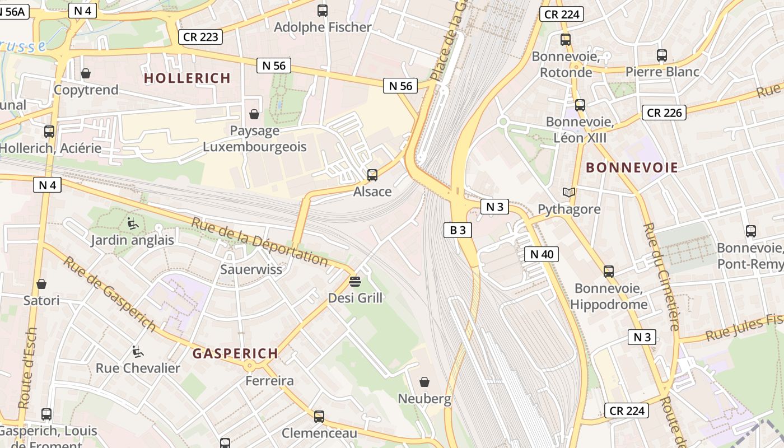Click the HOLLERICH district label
click(x=187, y=78)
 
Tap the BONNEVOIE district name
click(x=632, y=167)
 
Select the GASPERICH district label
click(x=235, y=353)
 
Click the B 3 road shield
click(x=458, y=230)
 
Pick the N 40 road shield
click(x=542, y=254)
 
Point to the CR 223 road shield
click(x=201, y=37)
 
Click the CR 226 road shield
click(x=664, y=113)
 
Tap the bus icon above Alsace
click(x=372, y=175)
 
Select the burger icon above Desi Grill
click(x=355, y=281)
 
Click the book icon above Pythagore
click(x=569, y=193)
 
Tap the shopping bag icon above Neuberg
click(x=424, y=382)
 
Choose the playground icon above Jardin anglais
click(x=133, y=223)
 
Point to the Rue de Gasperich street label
click(x=109, y=293)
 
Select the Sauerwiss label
click(x=251, y=269)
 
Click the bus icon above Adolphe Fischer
click(x=323, y=10)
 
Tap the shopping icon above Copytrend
click(x=86, y=73)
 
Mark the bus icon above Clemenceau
click(x=319, y=416)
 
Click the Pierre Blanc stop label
click(x=662, y=72)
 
